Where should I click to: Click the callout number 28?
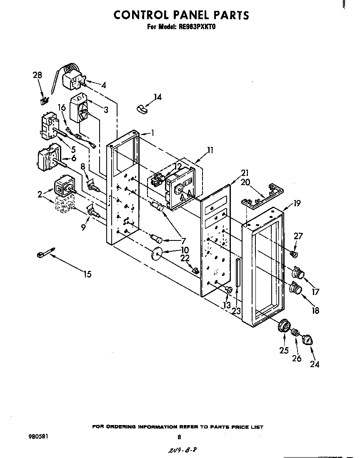point(37,75)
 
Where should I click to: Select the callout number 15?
point(87,274)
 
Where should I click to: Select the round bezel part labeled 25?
point(284,325)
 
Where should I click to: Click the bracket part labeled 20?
point(262,195)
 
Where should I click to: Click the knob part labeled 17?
point(298,272)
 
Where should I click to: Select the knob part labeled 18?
point(297,288)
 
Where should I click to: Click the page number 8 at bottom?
point(179,437)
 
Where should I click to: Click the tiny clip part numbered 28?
point(43,100)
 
